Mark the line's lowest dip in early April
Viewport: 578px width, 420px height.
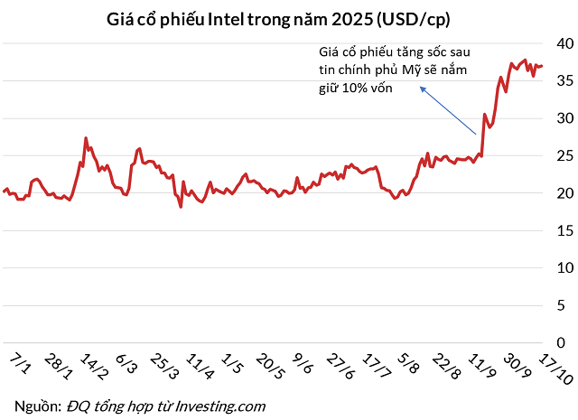tap(182, 207)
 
